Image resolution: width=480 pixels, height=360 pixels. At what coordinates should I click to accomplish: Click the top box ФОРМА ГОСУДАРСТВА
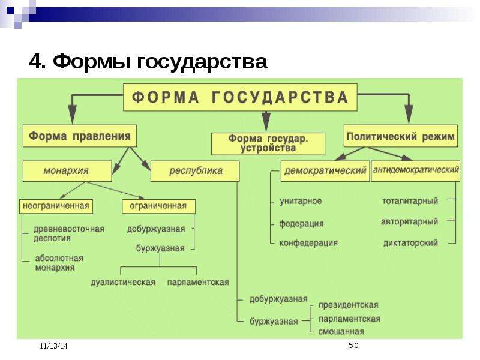point(240,97)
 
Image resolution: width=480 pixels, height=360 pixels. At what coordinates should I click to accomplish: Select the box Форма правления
point(80,136)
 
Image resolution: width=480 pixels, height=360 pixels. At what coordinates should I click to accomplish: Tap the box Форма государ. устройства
point(268,143)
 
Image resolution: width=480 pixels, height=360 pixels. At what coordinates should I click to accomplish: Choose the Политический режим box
point(401,136)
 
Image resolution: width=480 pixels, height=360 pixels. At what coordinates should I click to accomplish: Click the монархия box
point(67,171)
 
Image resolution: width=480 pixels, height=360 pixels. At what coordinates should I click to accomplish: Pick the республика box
point(195,171)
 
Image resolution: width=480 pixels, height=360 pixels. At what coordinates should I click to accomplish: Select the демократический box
point(325,171)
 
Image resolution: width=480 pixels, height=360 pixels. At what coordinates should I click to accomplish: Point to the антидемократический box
point(416,171)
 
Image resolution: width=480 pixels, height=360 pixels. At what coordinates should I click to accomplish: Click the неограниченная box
point(56,206)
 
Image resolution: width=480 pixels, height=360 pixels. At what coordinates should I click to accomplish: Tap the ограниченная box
point(158,206)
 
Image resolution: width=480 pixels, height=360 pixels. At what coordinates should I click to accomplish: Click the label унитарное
point(301,201)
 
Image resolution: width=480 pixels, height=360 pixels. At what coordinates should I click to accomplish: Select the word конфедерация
point(308,243)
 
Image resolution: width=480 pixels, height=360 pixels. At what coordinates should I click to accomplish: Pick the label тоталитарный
point(410,201)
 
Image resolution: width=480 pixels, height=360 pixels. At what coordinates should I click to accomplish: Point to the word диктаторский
point(410,243)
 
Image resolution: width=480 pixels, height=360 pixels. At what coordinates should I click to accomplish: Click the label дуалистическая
point(123,282)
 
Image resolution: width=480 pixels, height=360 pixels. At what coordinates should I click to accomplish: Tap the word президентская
point(349,305)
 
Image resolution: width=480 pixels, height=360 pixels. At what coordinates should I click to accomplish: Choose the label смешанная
point(341,332)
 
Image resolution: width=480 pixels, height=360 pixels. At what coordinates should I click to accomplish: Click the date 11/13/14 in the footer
point(53,346)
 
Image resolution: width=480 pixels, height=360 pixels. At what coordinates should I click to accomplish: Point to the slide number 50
point(353,346)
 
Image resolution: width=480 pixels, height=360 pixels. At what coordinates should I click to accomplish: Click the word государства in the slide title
point(202,62)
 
